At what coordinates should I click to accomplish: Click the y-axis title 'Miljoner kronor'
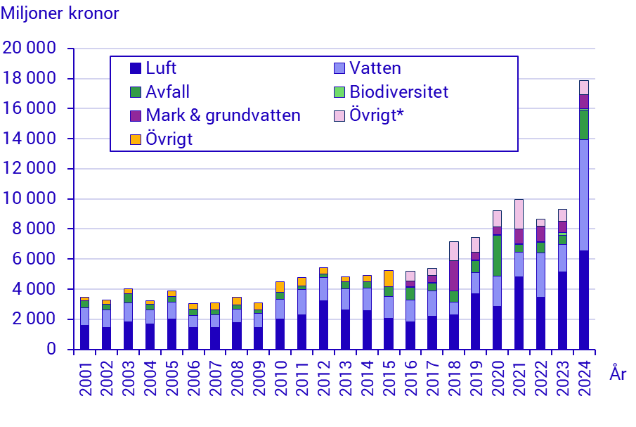point(60,13)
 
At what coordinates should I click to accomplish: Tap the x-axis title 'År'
point(618,374)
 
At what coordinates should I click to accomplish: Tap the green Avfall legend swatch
point(136,92)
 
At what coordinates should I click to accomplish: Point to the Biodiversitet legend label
point(398,92)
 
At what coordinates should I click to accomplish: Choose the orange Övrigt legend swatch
point(136,139)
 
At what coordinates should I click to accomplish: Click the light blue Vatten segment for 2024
point(583,195)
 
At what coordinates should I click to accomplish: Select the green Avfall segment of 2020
point(497,255)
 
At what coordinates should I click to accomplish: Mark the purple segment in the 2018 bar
point(453,276)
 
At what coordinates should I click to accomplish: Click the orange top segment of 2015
point(389,279)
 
